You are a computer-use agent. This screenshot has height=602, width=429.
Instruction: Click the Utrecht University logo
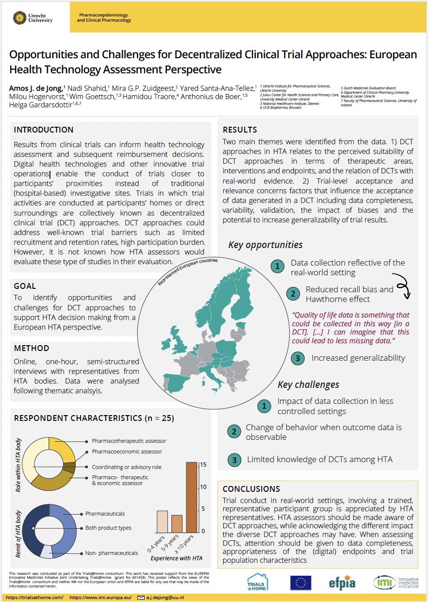point(33,18)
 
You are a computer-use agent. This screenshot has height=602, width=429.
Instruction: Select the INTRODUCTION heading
point(44,130)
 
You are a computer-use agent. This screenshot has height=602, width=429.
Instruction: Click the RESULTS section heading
point(240,130)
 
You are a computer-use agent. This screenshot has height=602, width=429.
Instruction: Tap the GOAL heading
point(25,286)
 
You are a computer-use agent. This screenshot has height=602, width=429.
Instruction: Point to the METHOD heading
point(32,348)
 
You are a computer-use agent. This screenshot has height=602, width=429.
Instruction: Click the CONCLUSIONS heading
point(251,489)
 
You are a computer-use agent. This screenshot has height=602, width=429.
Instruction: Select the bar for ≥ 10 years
point(192,497)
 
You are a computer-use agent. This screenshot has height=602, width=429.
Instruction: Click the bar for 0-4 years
point(162,521)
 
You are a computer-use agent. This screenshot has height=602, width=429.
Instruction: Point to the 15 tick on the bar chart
point(203,465)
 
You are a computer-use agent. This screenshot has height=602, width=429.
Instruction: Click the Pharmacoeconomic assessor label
point(127,451)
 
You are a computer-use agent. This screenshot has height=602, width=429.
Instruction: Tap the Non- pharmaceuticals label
point(112,552)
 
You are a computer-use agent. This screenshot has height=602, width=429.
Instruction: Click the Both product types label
point(108,528)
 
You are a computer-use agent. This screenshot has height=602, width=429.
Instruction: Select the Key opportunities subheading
point(265,245)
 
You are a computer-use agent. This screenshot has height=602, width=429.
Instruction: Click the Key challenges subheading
point(308,385)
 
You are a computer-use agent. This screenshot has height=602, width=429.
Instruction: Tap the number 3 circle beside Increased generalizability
point(298,359)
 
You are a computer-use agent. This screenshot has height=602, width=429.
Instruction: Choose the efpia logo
point(342,583)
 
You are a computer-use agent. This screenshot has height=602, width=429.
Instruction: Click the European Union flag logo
point(300,583)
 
